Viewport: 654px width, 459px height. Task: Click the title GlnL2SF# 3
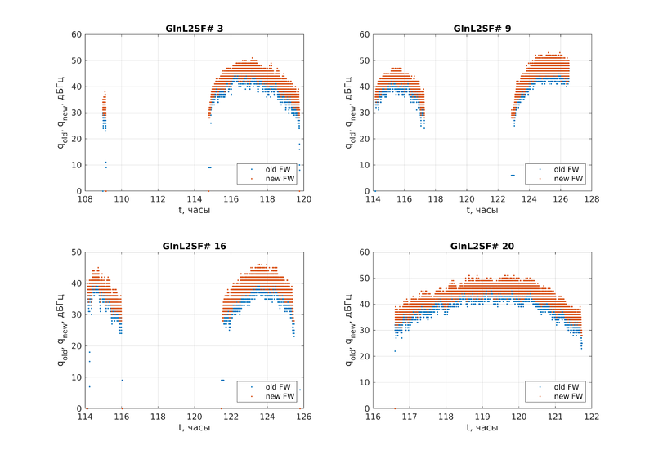(194, 29)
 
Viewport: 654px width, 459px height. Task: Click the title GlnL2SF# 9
(482, 29)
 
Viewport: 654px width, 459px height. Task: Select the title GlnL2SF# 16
(194, 246)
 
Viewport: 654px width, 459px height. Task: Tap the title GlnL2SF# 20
(482, 246)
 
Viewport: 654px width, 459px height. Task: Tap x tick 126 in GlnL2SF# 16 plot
(303, 417)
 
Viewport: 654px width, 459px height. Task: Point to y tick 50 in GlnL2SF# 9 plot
(365, 60)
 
